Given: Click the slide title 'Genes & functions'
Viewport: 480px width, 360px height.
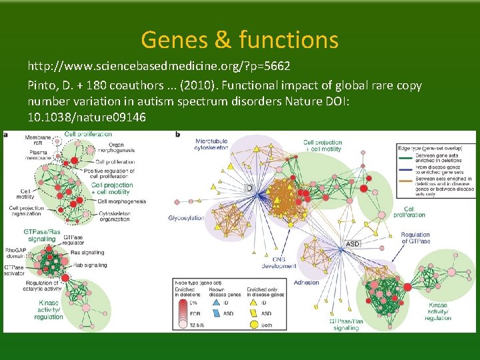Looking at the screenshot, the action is tap(239, 41).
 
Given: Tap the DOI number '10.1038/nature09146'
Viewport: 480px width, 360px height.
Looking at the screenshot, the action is tap(86, 117).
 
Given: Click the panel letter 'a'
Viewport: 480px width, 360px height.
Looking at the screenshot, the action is tap(7, 135).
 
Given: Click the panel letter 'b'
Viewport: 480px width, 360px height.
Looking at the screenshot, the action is tap(177, 135).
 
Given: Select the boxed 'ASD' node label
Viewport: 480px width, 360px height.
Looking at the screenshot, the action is tap(353, 244).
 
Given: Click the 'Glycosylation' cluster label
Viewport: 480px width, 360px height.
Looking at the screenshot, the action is tap(186, 218).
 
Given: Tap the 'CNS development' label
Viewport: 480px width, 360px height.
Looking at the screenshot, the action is tap(284, 262).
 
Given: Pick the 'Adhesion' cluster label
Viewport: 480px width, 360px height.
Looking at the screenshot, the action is tap(306, 283).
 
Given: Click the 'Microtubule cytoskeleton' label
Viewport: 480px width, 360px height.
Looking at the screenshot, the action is tap(211, 145).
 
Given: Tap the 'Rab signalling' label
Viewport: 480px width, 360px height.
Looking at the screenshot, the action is tap(89, 265).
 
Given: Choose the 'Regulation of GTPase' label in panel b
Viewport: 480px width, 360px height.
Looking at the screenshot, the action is tap(415, 237).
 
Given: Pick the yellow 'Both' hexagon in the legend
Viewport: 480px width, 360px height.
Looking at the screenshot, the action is tap(253, 324).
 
